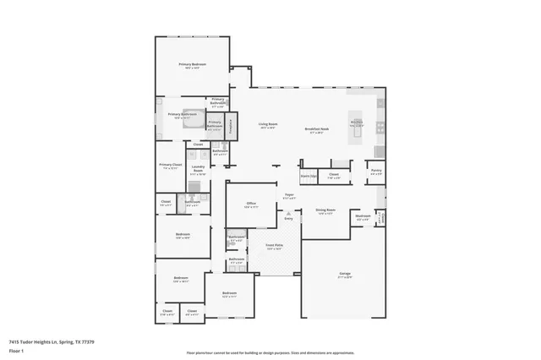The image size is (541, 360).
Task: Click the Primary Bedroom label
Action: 192,65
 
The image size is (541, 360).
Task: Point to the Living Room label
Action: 269,124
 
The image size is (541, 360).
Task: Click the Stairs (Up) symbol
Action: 309,177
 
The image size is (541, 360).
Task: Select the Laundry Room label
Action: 198,169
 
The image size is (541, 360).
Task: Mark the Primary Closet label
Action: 171,166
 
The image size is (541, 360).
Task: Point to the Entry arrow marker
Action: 288,218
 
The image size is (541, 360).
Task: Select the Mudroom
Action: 363,217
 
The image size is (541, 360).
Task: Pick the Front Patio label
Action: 274,246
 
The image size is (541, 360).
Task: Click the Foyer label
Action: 289,195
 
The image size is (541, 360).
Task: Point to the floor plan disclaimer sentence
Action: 270,352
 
